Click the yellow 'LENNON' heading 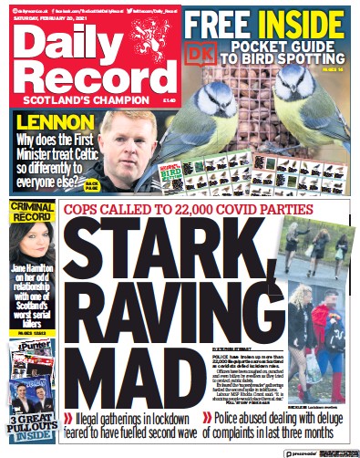click(51, 121)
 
